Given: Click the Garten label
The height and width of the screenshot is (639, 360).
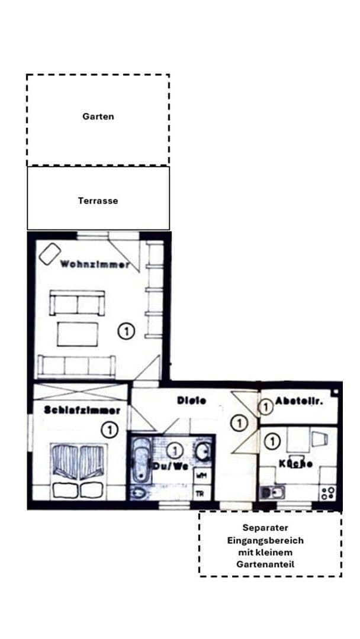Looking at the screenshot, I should pos(98,117).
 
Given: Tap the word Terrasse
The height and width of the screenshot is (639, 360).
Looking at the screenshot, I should pos(98,201).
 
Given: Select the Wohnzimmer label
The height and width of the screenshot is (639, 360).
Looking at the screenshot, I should pos(95,264).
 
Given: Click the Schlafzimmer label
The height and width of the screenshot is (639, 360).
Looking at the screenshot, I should pos(82,409).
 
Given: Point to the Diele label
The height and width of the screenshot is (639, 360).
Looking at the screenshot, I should pos(192,401).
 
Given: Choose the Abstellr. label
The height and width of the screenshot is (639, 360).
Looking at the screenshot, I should pos(298,401).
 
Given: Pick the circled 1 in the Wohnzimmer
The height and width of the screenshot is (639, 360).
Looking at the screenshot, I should pos(126,331).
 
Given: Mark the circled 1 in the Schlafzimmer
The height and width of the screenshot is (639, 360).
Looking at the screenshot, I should pos(109,430).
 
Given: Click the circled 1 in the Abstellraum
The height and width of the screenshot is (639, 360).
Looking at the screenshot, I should pos(266,406).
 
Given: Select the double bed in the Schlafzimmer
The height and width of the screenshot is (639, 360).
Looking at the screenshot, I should pos(79,470).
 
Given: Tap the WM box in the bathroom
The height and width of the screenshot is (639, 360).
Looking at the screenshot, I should pos(201,475).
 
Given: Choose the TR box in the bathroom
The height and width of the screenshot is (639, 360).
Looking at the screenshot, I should pos(201,492).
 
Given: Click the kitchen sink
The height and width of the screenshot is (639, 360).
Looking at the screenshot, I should pos(273,492).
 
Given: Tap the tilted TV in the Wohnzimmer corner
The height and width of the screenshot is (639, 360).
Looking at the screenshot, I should pos(49,253).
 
